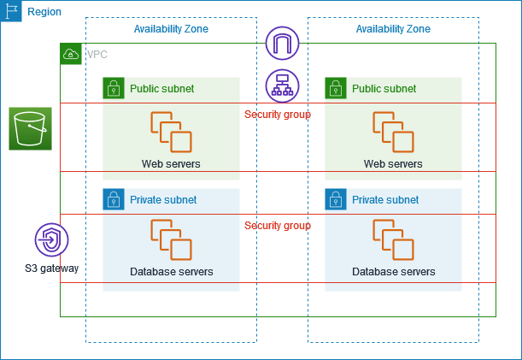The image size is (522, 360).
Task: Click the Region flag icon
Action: tap(11, 11)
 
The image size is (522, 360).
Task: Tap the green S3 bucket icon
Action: tap(31, 129)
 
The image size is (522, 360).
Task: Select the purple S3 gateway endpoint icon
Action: tap(51, 240)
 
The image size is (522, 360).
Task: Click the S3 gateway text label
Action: tap(51, 269)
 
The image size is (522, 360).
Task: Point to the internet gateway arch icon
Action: tap(282, 43)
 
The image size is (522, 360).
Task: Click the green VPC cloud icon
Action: tap(72, 55)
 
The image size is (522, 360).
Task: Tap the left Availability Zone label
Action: tap(171, 29)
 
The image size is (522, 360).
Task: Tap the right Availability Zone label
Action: tap(393, 29)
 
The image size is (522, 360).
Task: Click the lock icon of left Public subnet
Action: tap(114, 88)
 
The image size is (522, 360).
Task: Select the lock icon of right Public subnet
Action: tap(336, 88)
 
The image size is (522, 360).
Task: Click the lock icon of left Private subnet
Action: tap(114, 199)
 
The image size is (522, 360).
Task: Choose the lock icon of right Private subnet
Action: tap(336, 199)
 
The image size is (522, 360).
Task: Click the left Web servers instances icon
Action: tap(171, 132)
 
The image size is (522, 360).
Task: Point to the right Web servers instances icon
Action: tap(393, 132)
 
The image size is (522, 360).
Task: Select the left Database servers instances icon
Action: tap(171, 239)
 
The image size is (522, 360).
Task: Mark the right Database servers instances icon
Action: tap(393, 239)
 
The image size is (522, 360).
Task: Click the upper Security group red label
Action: tap(277, 115)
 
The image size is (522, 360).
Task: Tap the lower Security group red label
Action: tap(277, 226)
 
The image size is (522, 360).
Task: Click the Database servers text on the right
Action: tap(393, 272)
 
